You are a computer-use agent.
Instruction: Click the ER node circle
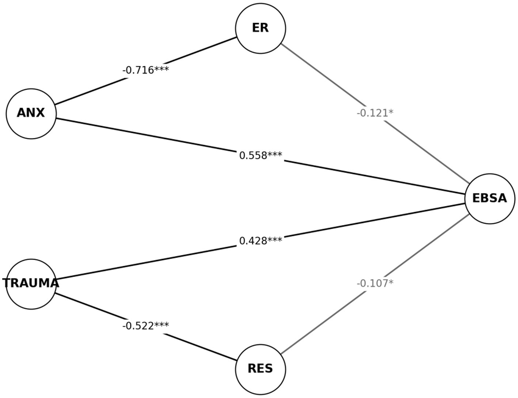tap(260, 28)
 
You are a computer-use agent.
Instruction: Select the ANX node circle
tap(31, 113)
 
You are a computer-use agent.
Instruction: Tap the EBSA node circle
tap(490, 198)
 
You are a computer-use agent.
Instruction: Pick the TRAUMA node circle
tap(31, 284)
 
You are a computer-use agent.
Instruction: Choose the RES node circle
tap(260, 369)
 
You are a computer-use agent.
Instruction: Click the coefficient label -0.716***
tap(145, 70)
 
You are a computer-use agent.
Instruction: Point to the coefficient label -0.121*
tap(375, 113)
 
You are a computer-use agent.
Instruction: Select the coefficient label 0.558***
tap(260, 155)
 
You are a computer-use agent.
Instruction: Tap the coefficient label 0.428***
tap(260, 241)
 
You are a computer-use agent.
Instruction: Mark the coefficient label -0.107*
tap(375, 283)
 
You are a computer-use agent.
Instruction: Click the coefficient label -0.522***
tap(145, 326)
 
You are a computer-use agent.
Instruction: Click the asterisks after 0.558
tap(275, 155)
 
